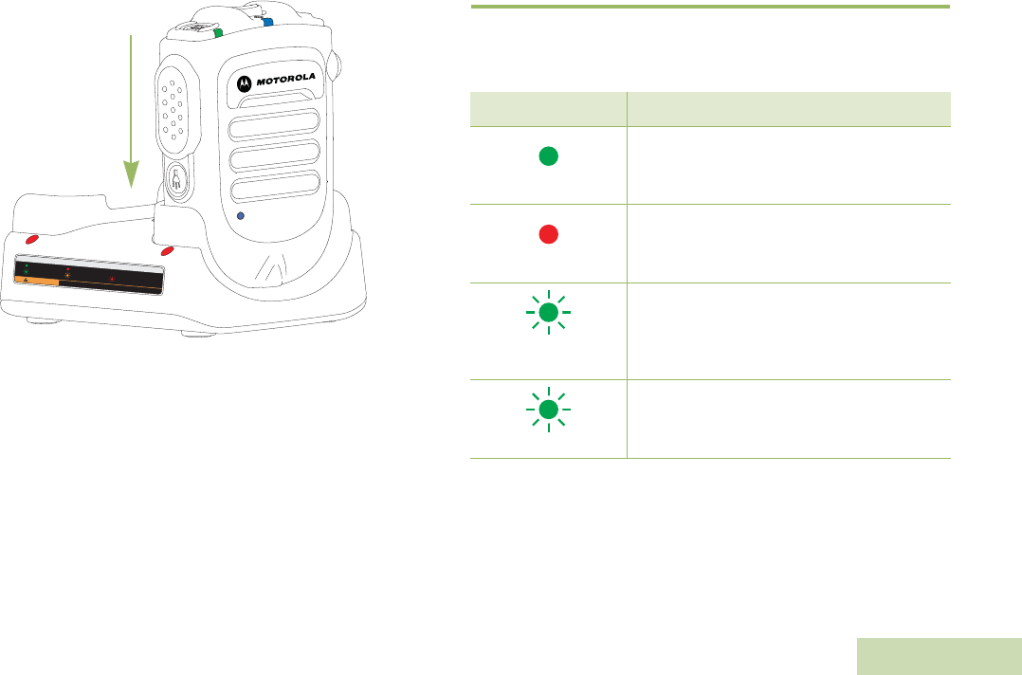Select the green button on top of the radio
218,32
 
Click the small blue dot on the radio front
240,216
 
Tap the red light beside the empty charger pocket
31,241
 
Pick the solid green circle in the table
548,157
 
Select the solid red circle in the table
548,237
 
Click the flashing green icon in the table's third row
548,314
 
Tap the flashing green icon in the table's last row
548,410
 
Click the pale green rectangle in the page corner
939,656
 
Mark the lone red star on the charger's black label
112,279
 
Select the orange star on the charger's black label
67,277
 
